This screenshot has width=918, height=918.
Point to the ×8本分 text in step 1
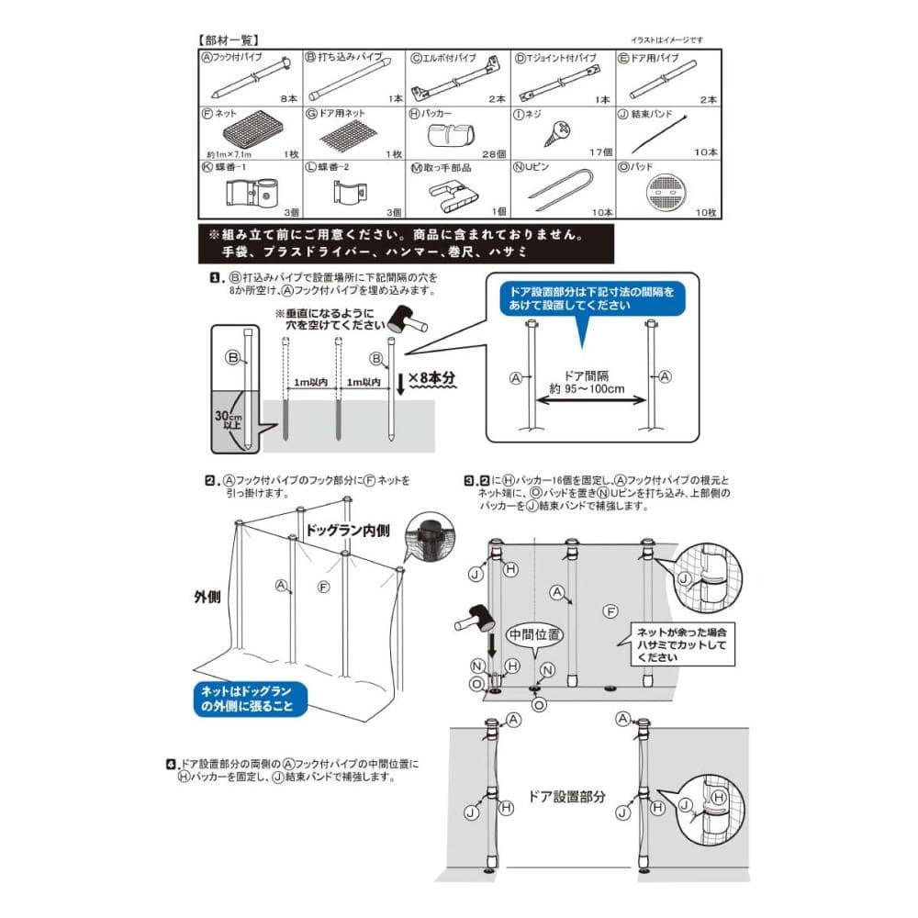(432, 378)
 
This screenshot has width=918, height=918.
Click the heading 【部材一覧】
(229, 40)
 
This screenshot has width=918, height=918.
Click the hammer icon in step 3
(474, 621)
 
